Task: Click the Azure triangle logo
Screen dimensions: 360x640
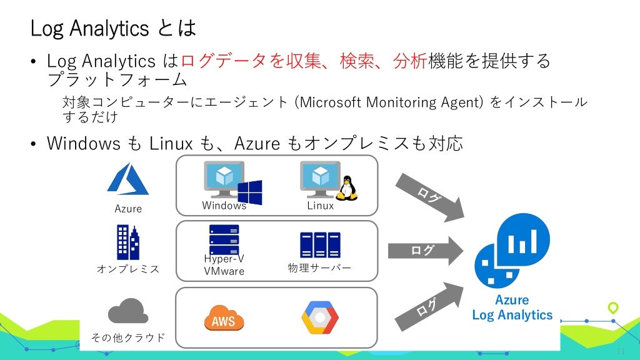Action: point(128,179)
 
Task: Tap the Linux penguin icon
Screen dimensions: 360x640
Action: point(348,187)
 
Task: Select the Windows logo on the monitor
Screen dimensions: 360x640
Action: point(249,192)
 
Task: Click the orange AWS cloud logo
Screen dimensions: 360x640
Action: point(224,319)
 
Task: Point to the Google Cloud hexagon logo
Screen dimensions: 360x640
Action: point(320,317)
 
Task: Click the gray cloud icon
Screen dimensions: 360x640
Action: point(128,311)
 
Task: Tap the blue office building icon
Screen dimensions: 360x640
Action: point(127,242)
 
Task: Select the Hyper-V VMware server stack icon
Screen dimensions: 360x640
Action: point(224,239)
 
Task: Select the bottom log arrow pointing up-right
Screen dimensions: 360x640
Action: point(430,307)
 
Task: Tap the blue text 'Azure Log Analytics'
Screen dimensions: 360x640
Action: point(512,307)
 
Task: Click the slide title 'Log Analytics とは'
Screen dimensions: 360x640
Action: point(113,27)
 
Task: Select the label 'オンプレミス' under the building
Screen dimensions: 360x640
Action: point(128,269)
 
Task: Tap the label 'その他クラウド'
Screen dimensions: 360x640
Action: point(128,337)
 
